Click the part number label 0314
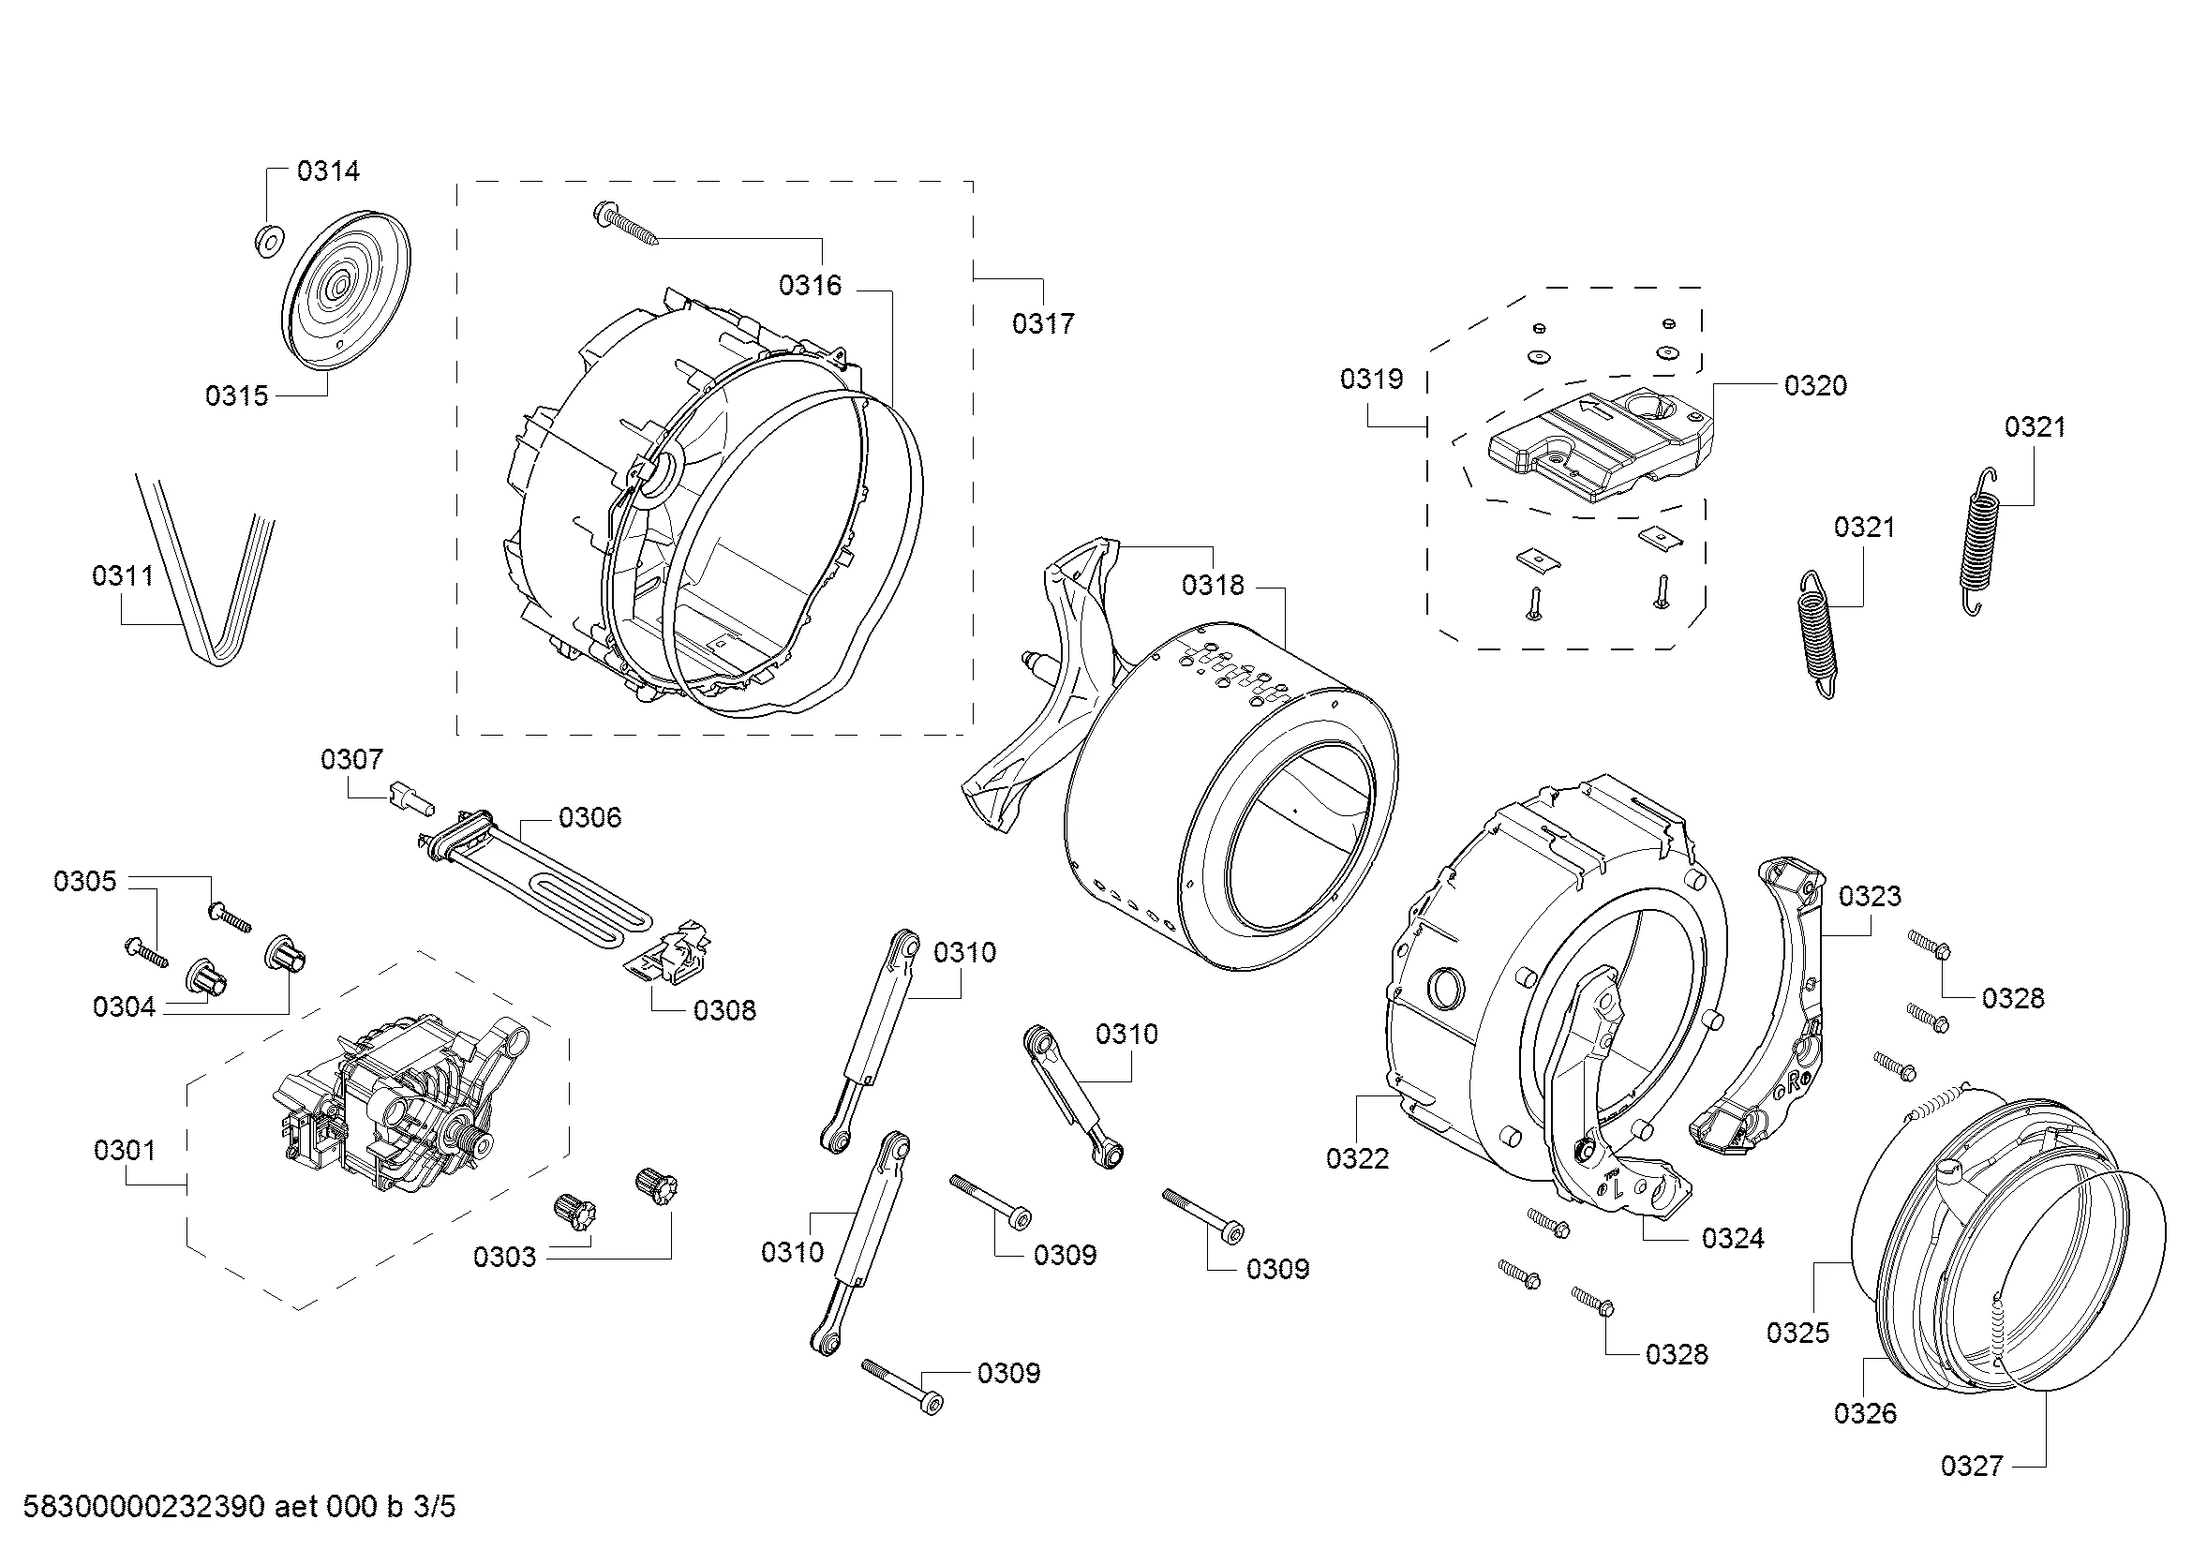(x=327, y=171)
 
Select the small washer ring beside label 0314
(x=267, y=242)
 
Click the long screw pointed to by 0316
(x=626, y=225)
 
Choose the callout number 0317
(x=1042, y=324)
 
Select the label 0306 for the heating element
(x=589, y=818)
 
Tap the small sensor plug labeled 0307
(x=409, y=797)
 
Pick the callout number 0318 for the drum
(x=1213, y=585)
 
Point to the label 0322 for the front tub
(x=1357, y=1158)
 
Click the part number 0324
(x=1733, y=1239)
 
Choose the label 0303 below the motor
(x=504, y=1257)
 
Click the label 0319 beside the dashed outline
(x=1371, y=380)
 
